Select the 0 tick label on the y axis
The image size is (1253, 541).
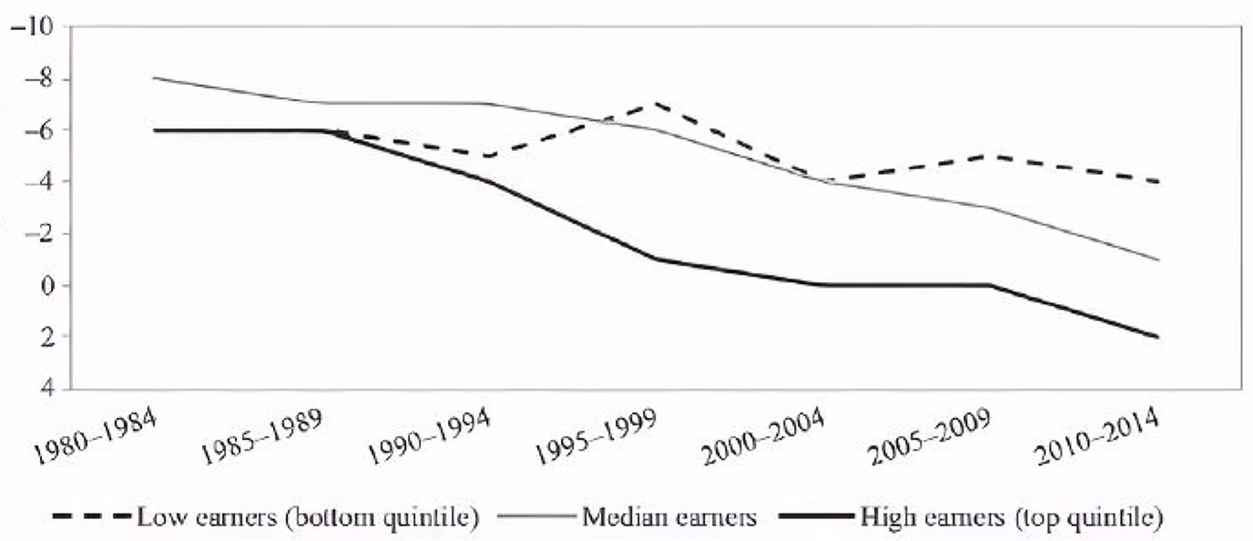[45, 286]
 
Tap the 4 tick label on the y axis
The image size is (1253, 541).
[45, 389]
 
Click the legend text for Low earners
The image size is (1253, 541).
[308, 519]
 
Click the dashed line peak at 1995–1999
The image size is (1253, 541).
[656, 104]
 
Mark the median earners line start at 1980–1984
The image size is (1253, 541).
[155, 78]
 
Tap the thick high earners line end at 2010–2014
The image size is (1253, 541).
[1157, 337]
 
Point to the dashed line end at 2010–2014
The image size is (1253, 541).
[1157, 182]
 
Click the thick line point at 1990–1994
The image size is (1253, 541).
[490, 181]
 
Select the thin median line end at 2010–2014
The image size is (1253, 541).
[1157, 260]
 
